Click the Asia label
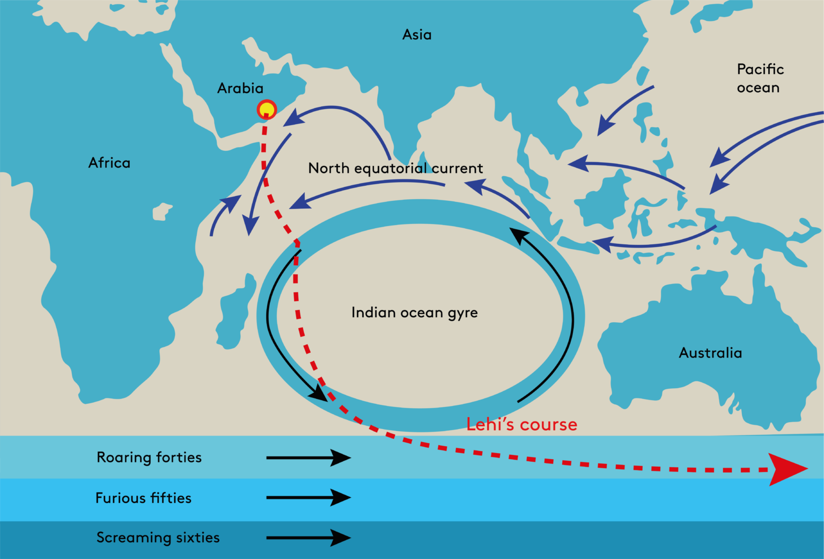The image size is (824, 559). click(417, 35)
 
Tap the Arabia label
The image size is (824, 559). click(240, 88)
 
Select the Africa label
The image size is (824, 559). click(109, 163)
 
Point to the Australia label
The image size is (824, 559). click(710, 353)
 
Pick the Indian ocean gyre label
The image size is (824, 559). click(414, 313)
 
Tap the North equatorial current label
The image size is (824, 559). click(395, 169)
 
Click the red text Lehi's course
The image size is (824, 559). click(521, 425)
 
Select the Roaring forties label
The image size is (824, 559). click(149, 458)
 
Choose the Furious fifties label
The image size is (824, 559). click(143, 498)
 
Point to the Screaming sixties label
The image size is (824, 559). click(158, 538)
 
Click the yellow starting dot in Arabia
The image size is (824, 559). click(267, 110)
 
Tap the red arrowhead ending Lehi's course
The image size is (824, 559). click(786, 469)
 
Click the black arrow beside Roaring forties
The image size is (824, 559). click(308, 458)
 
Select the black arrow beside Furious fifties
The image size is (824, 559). click(308, 498)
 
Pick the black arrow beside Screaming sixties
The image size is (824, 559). click(308, 538)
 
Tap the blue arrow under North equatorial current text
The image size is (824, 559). click(370, 188)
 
